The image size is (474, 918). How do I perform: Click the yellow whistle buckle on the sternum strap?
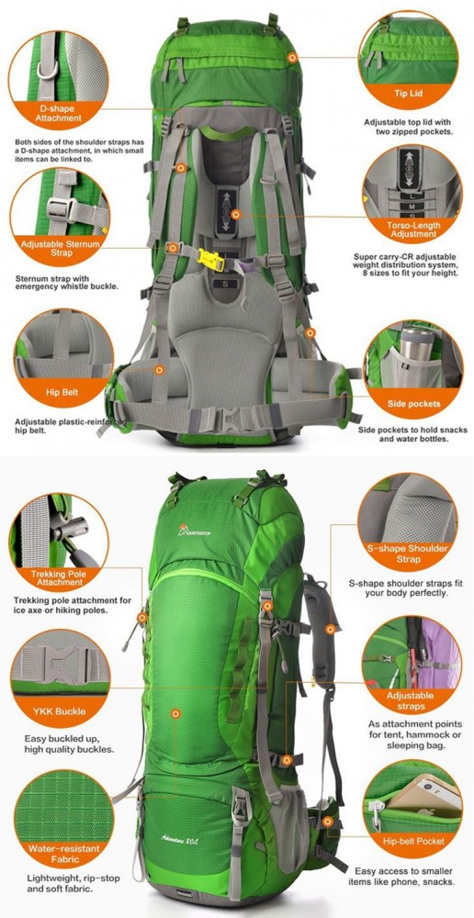click(211, 260)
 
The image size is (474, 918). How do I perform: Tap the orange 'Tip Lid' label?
click(409, 94)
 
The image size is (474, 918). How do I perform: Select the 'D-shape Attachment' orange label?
click(58, 113)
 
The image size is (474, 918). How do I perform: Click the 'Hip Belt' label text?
click(62, 392)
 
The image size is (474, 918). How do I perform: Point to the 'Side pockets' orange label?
click(413, 404)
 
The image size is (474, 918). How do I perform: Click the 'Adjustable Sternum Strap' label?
click(61, 248)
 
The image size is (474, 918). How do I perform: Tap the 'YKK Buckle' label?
click(59, 711)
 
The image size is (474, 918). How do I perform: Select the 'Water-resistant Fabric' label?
click(64, 854)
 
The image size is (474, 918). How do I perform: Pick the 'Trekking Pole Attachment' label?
click(60, 577)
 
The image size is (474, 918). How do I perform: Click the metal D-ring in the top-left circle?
click(48, 70)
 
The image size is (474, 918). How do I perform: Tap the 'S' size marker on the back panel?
click(225, 284)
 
